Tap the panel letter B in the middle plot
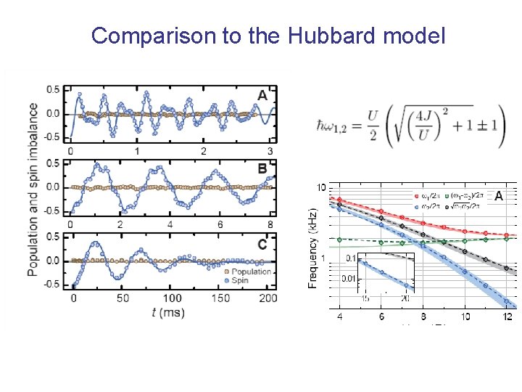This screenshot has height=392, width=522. tap(262, 169)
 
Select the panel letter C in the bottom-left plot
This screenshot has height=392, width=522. tap(262, 244)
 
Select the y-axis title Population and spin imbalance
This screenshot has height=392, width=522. tap(33, 189)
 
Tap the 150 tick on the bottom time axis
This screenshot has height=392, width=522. tap(220, 298)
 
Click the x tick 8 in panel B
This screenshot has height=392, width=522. tap(270, 224)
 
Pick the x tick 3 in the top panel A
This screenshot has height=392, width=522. tap(270, 151)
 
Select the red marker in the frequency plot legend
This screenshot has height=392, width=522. tap(415, 196)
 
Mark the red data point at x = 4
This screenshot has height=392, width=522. tap(339, 198)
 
